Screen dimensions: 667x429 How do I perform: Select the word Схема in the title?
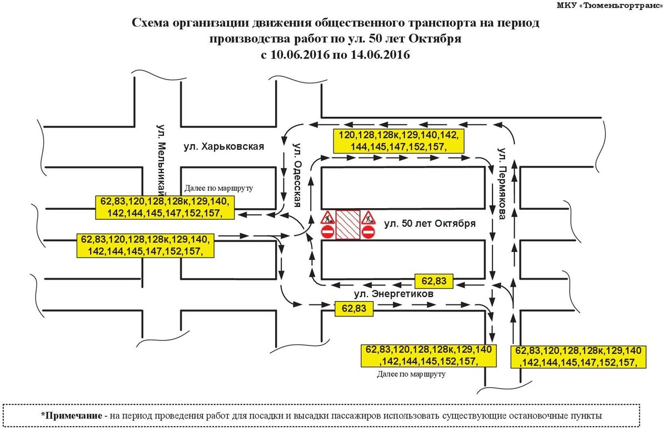click(x=151, y=23)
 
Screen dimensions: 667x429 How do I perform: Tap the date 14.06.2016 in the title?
click(x=380, y=55)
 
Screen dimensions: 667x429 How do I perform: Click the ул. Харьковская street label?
click(x=223, y=147)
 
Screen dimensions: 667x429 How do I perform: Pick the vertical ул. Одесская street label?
click(x=297, y=175)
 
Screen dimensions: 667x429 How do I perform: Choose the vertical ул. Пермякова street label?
click(x=502, y=184)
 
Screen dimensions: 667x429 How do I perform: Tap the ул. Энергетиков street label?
click(x=394, y=294)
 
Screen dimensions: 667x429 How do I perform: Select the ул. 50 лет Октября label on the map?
click(x=430, y=224)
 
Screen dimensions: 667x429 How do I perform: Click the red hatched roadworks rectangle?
click(x=348, y=224)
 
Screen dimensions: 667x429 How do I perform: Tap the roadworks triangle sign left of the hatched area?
click(x=328, y=218)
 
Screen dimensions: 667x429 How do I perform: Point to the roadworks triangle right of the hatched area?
click(x=369, y=218)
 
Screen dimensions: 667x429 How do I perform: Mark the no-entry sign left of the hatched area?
click(x=327, y=232)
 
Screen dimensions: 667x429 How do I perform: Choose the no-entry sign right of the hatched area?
click(x=369, y=232)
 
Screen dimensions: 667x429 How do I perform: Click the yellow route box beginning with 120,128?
click(x=399, y=141)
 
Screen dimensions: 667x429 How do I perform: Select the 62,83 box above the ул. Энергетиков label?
click(x=434, y=281)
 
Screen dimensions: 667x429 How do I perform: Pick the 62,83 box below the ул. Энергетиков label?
click(x=354, y=309)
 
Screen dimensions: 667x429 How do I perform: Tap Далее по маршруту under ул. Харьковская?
click(x=218, y=189)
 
